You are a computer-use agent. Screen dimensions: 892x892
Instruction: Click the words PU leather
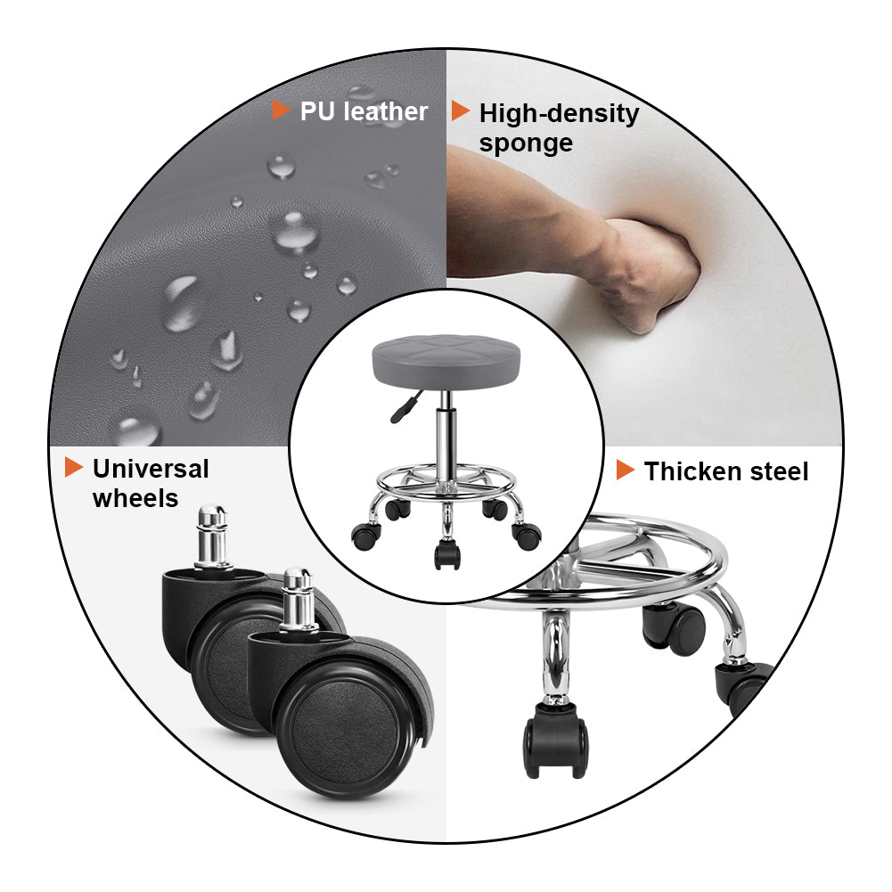tap(364, 111)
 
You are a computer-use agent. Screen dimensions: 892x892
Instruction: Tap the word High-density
tap(559, 114)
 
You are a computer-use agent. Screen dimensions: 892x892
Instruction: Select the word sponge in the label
tap(526, 143)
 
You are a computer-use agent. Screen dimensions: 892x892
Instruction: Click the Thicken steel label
tap(726, 471)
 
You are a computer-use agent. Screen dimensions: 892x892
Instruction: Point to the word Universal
tap(151, 469)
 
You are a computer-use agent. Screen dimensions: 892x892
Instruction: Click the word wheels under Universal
tap(135, 498)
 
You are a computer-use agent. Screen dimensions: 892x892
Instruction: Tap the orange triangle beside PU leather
tap(281, 110)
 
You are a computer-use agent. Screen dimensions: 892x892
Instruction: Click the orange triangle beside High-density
tap(460, 110)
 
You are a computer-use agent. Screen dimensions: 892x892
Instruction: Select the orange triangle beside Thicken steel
tap(625, 470)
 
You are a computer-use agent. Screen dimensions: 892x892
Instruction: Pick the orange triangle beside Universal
tap(73, 467)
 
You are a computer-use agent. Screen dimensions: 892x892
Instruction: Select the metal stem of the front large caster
tap(297, 601)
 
